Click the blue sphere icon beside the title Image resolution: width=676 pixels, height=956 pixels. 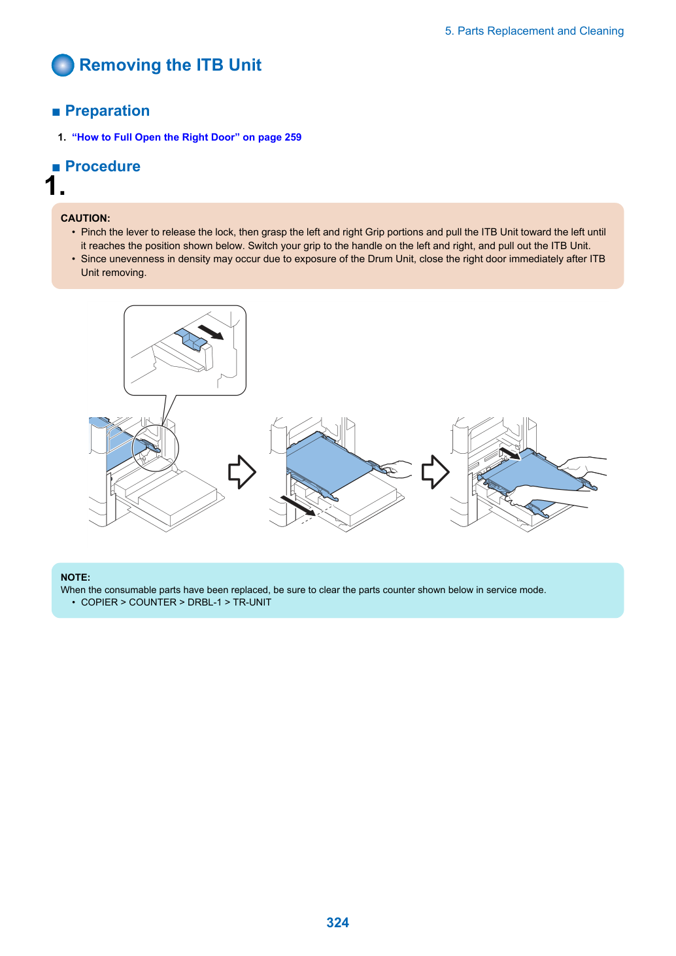(x=63, y=65)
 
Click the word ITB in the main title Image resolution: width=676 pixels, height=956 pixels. (x=210, y=65)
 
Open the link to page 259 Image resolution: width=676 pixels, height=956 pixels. (x=186, y=137)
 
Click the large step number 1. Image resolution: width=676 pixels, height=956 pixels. (x=55, y=186)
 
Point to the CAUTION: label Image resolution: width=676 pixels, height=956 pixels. (x=86, y=218)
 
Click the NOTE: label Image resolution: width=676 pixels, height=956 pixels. (x=76, y=577)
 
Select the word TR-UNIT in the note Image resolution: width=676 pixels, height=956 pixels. (x=252, y=602)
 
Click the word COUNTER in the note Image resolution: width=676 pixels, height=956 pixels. (x=152, y=602)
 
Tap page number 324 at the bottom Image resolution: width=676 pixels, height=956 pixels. (x=337, y=923)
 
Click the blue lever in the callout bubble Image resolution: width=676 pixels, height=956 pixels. (x=190, y=339)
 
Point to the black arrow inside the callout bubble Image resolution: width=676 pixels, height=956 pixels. (x=211, y=332)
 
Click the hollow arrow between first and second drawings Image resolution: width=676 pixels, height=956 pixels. (x=242, y=471)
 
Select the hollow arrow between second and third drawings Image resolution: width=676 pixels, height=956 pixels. (x=435, y=471)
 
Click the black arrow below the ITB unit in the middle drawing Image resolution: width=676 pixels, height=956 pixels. (x=298, y=505)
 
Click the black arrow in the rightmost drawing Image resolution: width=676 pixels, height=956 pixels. (x=510, y=453)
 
